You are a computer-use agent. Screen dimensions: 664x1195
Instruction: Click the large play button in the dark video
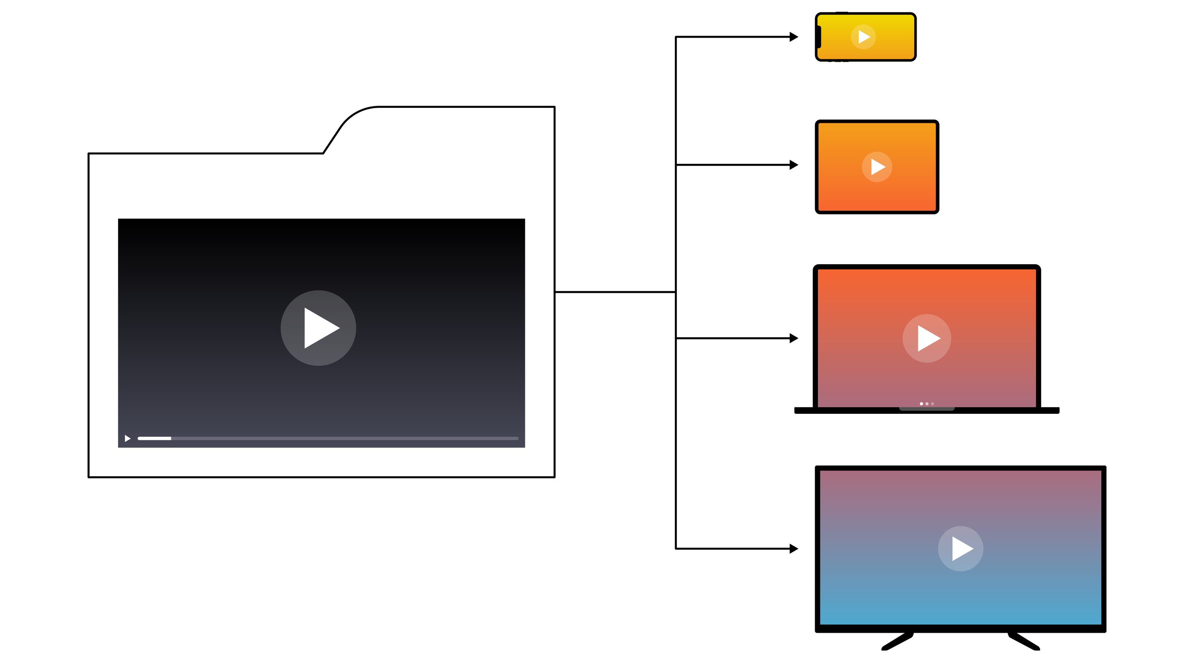pyautogui.click(x=318, y=328)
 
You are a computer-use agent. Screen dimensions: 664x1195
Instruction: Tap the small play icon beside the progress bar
pyautogui.click(x=127, y=439)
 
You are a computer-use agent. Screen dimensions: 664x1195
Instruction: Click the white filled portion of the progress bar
pyautogui.click(x=155, y=439)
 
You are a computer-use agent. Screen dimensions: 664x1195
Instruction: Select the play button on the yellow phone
pyautogui.click(x=863, y=37)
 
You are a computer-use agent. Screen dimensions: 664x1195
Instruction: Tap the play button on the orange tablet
pyautogui.click(x=877, y=166)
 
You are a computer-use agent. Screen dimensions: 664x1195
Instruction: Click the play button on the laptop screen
pyautogui.click(x=927, y=338)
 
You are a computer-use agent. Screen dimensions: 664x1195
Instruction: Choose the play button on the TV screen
pyautogui.click(x=961, y=548)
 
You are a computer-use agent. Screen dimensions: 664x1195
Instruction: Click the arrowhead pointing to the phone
pyautogui.click(x=794, y=37)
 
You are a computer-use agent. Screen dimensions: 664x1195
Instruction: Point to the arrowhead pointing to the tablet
pyautogui.click(x=794, y=165)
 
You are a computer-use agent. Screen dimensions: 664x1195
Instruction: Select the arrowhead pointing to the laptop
pyautogui.click(x=794, y=338)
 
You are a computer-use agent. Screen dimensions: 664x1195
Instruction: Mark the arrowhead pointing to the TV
pyautogui.click(x=794, y=548)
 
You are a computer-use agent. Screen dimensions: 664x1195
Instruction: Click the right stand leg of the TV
pyautogui.click(x=1024, y=642)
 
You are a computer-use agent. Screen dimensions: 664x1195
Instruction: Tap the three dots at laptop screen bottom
pyautogui.click(x=927, y=403)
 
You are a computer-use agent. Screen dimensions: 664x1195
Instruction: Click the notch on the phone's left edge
pyautogui.click(x=819, y=37)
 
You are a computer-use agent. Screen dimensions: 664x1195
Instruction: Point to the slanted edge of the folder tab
pyautogui.click(x=331, y=140)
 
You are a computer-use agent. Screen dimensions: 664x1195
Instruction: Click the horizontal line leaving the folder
pyautogui.click(x=615, y=292)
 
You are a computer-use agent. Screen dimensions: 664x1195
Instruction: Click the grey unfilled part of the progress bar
pyautogui.click(x=343, y=439)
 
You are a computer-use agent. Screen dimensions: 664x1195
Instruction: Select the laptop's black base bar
pyautogui.click(x=997, y=410)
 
